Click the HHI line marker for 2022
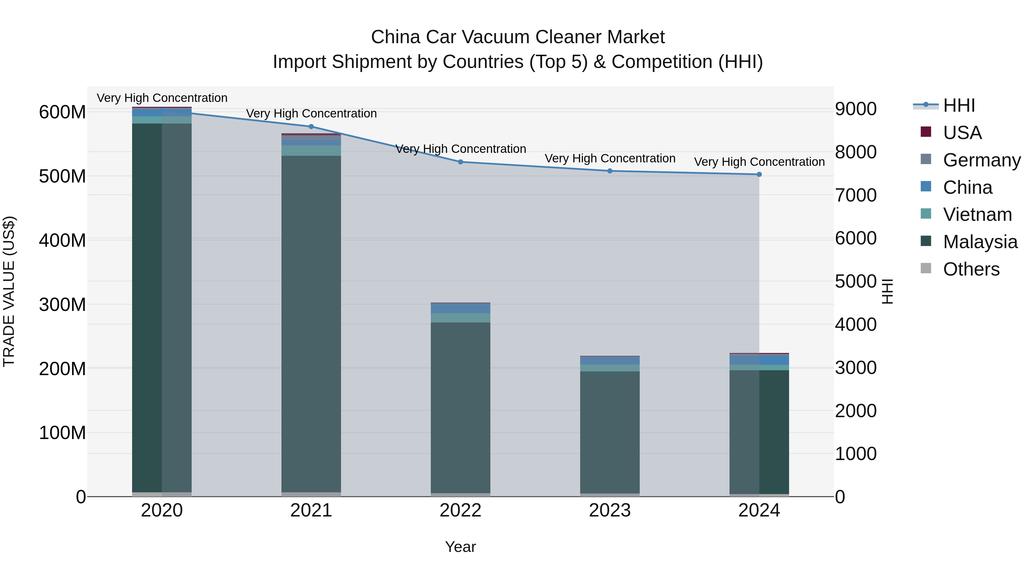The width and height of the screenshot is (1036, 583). click(x=460, y=162)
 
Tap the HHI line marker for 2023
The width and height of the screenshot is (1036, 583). click(x=610, y=171)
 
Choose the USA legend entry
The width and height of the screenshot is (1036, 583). click(x=962, y=133)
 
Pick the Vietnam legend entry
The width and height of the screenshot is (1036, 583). click(x=977, y=215)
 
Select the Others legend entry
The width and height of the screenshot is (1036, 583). click(x=971, y=269)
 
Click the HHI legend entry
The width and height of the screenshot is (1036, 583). click(x=959, y=105)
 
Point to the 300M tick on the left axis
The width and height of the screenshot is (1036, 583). click(x=62, y=305)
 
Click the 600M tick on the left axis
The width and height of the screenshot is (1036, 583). click(x=62, y=112)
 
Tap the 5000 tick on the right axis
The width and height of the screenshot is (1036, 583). click(x=856, y=282)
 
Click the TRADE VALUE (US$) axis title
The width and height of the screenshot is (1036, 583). click(x=9, y=291)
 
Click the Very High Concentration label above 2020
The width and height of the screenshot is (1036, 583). click(x=162, y=98)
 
